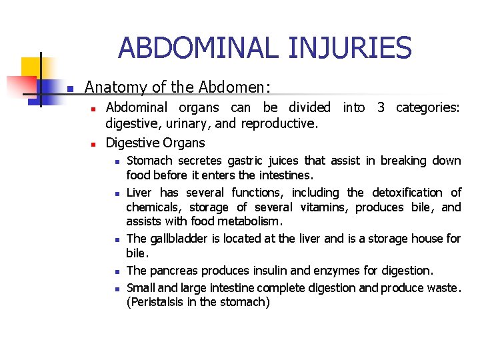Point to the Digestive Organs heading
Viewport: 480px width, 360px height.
tap(155, 142)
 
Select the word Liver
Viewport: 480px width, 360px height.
tap(139, 192)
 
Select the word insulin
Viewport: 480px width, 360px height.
tap(270, 270)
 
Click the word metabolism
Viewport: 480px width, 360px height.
tap(249, 221)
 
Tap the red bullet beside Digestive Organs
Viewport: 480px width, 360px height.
tap(94, 143)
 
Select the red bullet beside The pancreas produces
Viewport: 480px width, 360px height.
tap(115, 271)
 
